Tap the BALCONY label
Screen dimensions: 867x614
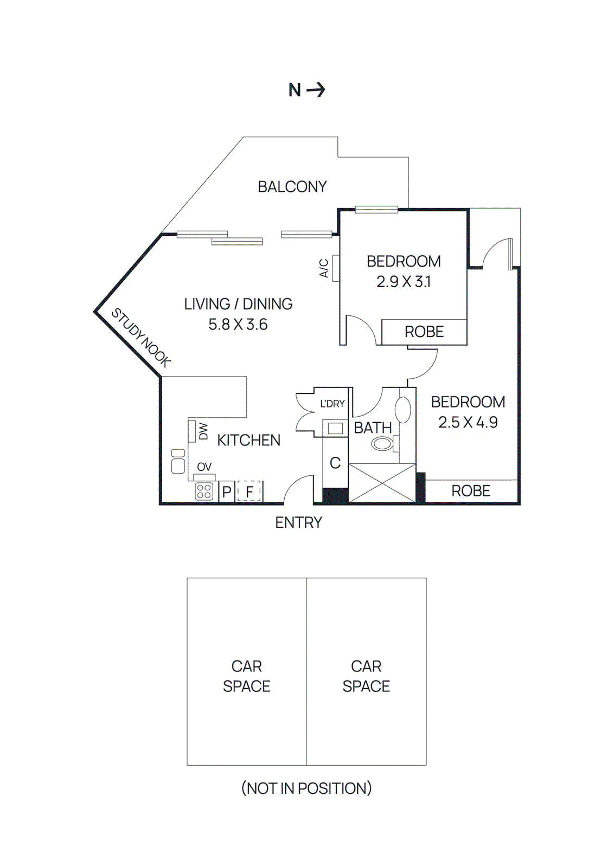(x=292, y=187)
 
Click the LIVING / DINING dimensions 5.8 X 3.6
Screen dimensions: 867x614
(x=238, y=325)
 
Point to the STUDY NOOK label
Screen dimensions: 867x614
(x=141, y=337)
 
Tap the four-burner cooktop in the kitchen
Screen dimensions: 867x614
(x=204, y=491)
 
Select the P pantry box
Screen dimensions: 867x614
(x=227, y=491)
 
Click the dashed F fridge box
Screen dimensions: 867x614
(x=249, y=491)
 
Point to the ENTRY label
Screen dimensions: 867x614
(x=298, y=522)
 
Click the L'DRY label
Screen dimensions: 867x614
(x=332, y=404)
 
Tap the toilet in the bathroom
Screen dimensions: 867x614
(x=383, y=444)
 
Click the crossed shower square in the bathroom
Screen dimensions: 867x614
(x=382, y=482)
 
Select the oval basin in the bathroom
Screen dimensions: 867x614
(x=402, y=410)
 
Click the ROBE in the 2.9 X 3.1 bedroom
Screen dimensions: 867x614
(x=424, y=332)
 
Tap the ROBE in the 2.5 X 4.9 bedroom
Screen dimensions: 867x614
(x=470, y=491)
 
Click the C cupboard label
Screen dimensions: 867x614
(x=335, y=463)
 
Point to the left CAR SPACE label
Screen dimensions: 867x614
(x=246, y=676)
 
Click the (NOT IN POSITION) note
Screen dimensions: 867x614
(x=306, y=788)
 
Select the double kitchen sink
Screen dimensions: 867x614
(x=178, y=461)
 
